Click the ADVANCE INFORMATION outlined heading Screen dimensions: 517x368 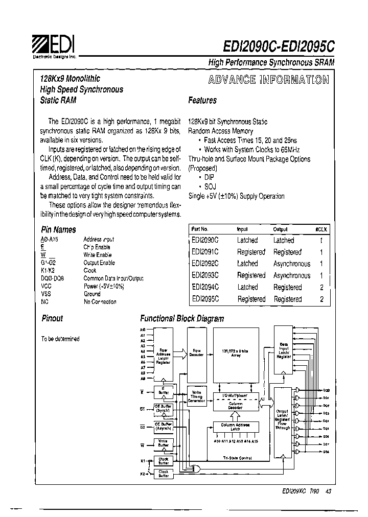tap(268, 80)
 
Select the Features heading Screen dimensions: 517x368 tap(202, 101)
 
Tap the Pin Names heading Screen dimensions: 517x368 tap(58, 230)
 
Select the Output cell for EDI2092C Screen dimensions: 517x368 tap(291, 264)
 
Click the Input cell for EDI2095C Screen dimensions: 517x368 tap(251, 299)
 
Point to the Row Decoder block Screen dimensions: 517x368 tap(197, 353)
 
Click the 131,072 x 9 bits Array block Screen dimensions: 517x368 tap(236, 353)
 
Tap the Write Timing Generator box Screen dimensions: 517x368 tap(197, 396)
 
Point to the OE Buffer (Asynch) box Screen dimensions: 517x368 tap(164, 427)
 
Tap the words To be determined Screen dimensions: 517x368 tap(60, 339)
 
